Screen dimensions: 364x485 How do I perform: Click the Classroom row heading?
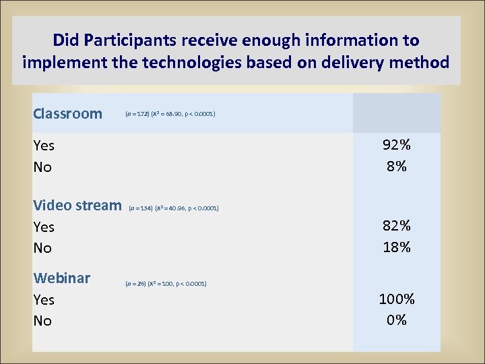pyautogui.click(x=67, y=113)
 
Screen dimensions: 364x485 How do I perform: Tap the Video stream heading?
pyautogui.click(x=77, y=206)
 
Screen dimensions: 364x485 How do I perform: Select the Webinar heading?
pyautogui.click(x=62, y=278)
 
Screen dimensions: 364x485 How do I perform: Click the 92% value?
pyautogui.click(x=396, y=145)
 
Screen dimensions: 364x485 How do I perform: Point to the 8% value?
pyautogui.click(x=396, y=166)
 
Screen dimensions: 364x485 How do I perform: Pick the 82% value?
pyautogui.click(x=396, y=226)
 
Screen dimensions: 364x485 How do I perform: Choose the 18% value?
pyautogui.click(x=396, y=247)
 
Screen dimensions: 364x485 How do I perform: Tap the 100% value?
pyautogui.click(x=396, y=299)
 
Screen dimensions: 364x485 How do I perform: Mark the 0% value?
pyautogui.click(x=396, y=320)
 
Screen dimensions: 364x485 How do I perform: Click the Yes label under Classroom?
pyautogui.click(x=44, y=146)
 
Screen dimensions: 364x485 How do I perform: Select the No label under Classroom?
pyautogui.click(x=42, y=167)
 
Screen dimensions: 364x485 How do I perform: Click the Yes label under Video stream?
pyautogui.click(x=44, y=227)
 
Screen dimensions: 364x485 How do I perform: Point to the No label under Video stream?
pyautogui.click(x=42, y=248)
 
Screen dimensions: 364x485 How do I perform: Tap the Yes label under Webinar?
pyautogui.click(x=44, y=300)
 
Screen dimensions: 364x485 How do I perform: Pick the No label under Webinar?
pyautogui.click(x=42, y=321)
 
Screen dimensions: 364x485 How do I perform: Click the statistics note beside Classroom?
pyautogui.click(x=170, y=114)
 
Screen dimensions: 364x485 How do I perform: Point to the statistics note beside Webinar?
pyautogui.click(x=166, y=283)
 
